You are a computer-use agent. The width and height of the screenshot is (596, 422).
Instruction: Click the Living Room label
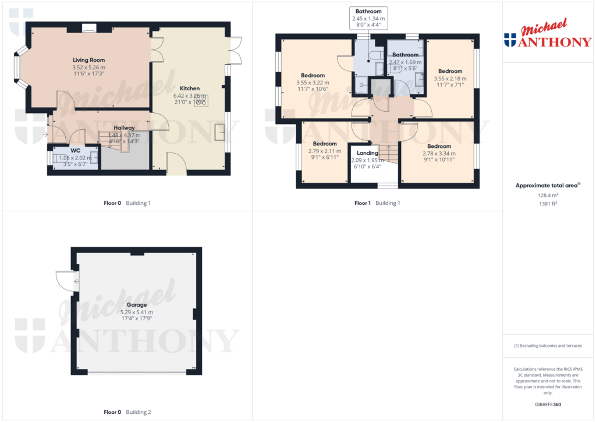[x=88, y=60]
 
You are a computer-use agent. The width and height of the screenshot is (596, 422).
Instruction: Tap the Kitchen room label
[x=190, y=88]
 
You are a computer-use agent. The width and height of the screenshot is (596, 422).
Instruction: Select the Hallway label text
[x=124, y=127]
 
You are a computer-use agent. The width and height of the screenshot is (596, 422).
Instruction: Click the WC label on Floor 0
[x=75, y=150]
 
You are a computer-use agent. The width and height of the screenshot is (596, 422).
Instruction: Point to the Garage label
[x=137, y=304]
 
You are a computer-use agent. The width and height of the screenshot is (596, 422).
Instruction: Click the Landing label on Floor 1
[x=367, y=153]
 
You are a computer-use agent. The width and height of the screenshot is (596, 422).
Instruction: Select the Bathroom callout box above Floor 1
[x=368, y=18]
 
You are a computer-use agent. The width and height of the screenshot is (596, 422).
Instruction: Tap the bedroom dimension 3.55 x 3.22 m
[x=313, y=83]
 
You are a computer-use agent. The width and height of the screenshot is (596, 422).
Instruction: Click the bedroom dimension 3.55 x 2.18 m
[x=450, y=79]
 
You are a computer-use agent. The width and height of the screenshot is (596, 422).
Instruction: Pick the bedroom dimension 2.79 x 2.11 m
[x=325, y=151]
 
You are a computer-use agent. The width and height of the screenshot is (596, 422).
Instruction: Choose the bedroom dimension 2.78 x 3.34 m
[x=439, y=154]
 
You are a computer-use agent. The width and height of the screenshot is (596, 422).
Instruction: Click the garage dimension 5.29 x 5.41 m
[x=137, y=312]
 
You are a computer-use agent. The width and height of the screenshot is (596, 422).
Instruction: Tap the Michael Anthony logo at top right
[x=547, y=36]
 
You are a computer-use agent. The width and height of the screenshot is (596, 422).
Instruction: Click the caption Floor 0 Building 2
[x=127, y=412]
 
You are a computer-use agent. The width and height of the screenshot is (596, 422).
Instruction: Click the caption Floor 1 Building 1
[x=377, y=203]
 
